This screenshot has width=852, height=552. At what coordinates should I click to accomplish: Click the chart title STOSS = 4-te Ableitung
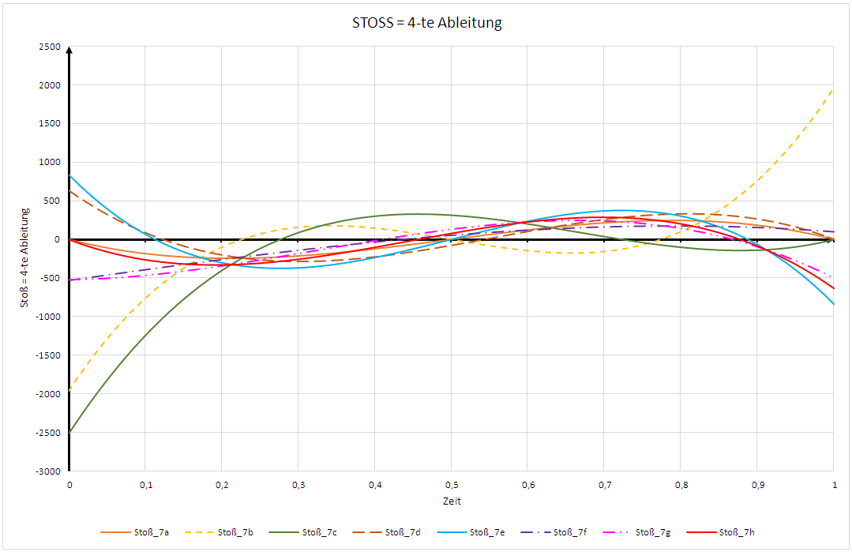pyautogui.click(x=426, y=23)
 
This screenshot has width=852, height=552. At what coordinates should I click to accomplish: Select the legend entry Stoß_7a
pyautogui.click(x=150, y=532)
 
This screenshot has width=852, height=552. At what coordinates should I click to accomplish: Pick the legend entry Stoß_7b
pyautogui.click(x=235, y=532)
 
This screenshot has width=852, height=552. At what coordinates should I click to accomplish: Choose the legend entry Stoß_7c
pyautogui.click(x=319, y=532)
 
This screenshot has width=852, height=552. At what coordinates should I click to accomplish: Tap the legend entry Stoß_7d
pyautogui.click(x=403, y=532)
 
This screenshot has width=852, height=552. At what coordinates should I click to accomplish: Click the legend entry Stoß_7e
pyautogui.click(x=486, y=532)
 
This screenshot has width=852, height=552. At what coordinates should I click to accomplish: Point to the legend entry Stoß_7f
pyautogui.click(x=570, y=532)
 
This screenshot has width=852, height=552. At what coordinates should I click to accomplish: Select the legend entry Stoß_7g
pyautogui.click(x=654, y=532)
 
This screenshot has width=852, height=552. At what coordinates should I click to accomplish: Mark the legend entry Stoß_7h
pyautogui.click(x=738, y=532)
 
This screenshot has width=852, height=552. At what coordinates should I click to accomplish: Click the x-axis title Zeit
pyautogui.click(x=452, y=501)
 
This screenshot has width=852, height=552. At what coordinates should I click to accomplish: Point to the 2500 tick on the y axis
pyautogui.click(x=50, y=47)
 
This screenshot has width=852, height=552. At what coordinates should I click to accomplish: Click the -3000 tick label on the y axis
pyautogui.click(x=48, y=471)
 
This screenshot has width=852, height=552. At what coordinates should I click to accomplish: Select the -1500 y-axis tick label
pyautogui.click(x=48, y=355)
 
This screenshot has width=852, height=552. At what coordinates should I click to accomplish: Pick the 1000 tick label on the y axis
pyautogui.click(x=50, y=163)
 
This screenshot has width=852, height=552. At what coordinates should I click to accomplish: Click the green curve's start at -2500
pyautogui.click(x=70, y=432)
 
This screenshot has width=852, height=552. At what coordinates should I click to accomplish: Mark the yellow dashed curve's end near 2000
pyautogui.click(x=834, y=88)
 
